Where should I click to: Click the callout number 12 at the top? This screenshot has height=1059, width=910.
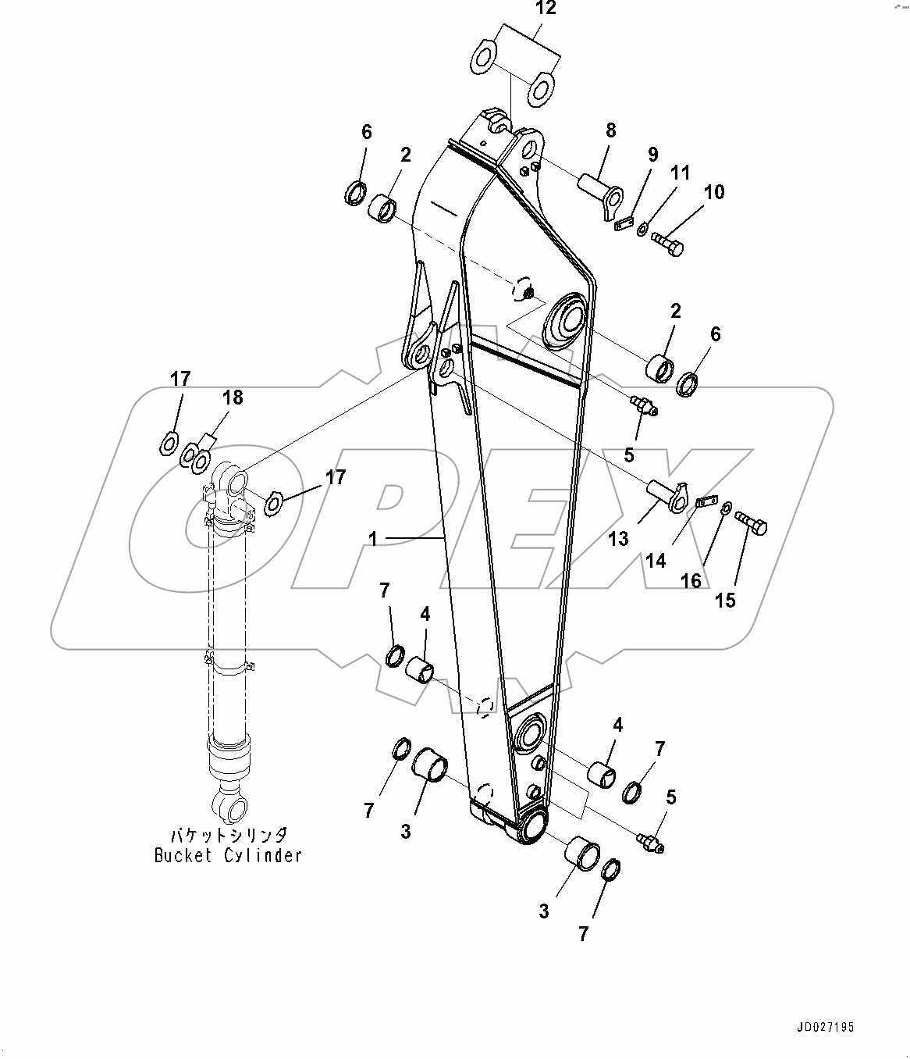pos(546,9)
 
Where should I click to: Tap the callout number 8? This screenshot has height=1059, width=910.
pos(610,130)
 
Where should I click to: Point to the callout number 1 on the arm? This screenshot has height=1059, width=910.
pos(373,539)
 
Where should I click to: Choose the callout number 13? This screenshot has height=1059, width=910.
pos(618,539)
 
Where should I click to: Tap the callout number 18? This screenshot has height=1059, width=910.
pos(233,398)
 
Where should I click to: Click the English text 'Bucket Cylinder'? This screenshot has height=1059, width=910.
pos(228,855)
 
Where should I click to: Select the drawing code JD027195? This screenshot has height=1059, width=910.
pos(826,1028)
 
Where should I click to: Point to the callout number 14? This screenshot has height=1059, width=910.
pos(656,560)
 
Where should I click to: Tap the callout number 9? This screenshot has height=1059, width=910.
pos(652,155)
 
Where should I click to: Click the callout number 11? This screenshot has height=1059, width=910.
pos(681,172)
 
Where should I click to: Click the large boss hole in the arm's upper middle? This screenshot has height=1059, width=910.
pos(565,319)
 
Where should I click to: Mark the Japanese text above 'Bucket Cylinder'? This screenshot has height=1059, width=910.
pos(228,835)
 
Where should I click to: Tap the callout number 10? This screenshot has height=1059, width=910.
pos(713,191)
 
